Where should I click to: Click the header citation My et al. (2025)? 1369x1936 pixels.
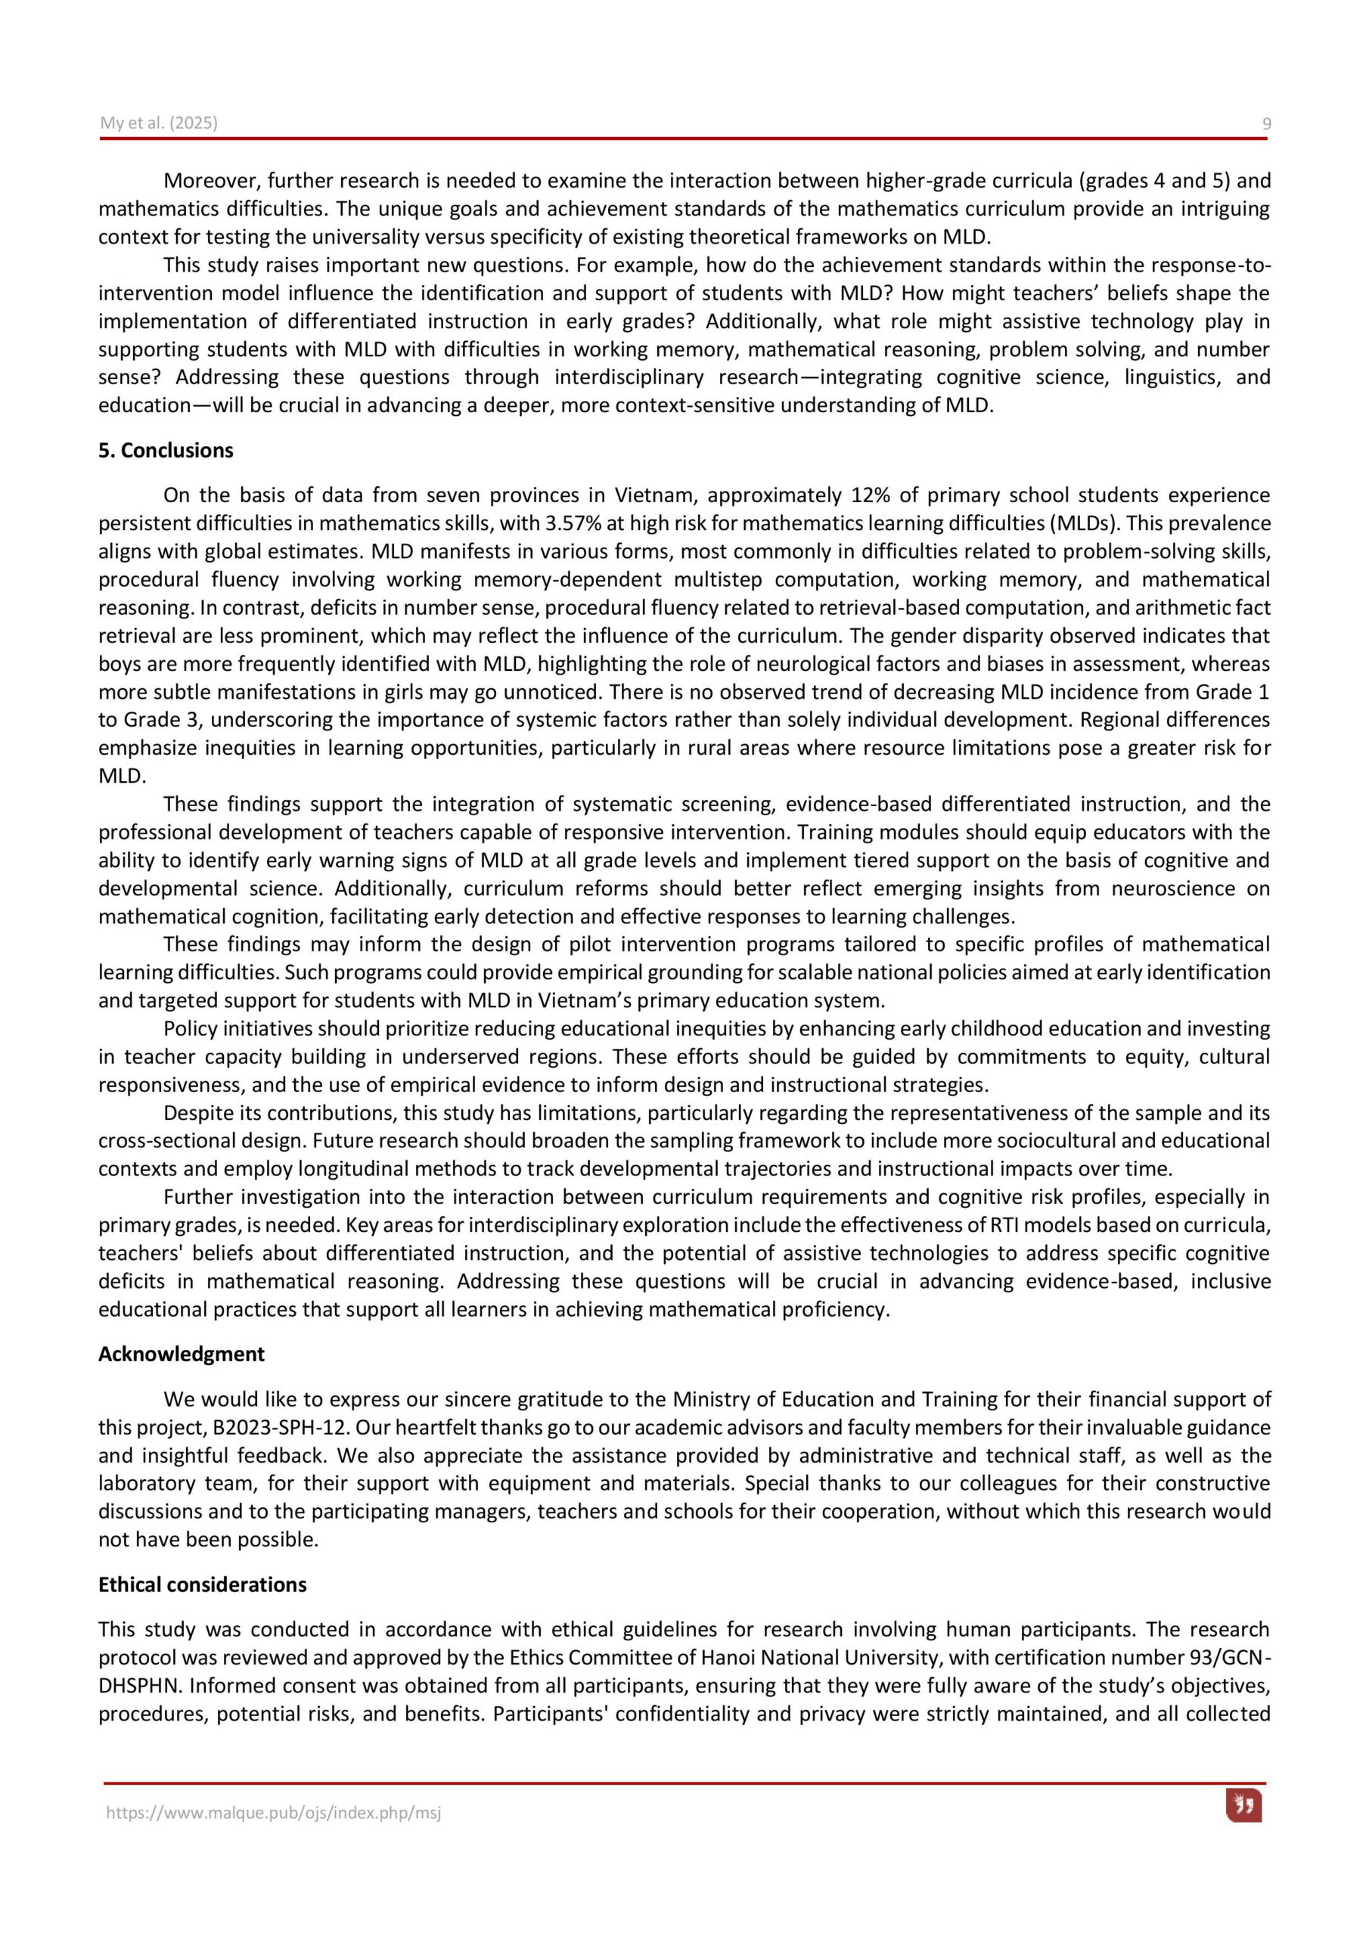pos(159,123)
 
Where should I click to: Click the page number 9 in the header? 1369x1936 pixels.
pos(1266,124)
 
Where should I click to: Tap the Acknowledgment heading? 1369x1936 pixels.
pos(182,1354)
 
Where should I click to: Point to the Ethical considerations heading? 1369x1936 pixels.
pos(203,1584)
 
